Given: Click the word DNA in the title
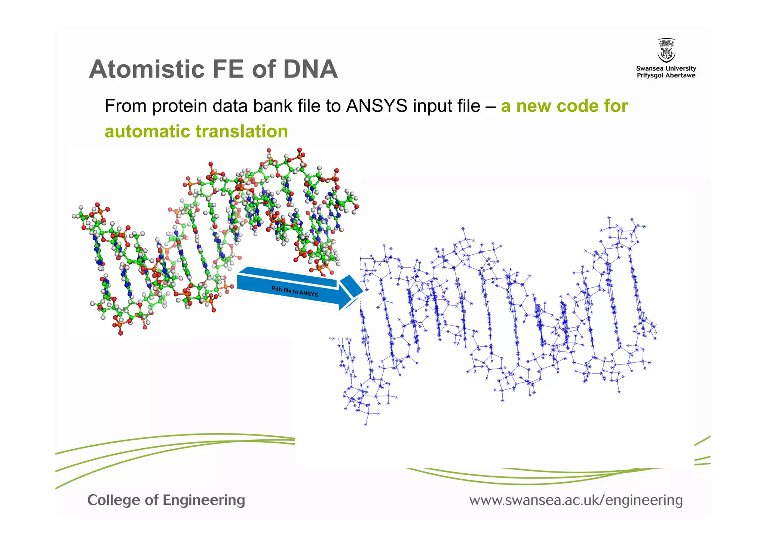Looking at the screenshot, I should pyautogui.click(x=310, y=70).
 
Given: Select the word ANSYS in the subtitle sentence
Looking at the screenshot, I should pyautogui.click(x=376, y=106).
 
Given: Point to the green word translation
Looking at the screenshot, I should pyautogui.click(x=242, y=132).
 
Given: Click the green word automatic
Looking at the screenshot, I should pyautogui.click(x=147, y=132).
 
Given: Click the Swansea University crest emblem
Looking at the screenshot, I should pyautogui.click(x=666, y=50).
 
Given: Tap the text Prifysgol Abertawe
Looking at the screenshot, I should pyautogui.click(x=666, y=76).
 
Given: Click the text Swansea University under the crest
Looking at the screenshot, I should pyautogui.click(x=666, y=68).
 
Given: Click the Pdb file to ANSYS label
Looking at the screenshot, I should pyautogui.click(x=295, y=291).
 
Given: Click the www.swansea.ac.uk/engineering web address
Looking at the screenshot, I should pyautogui.click(x=576, y=500).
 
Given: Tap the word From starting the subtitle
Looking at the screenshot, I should pyautogui.click(x=125, y=106).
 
